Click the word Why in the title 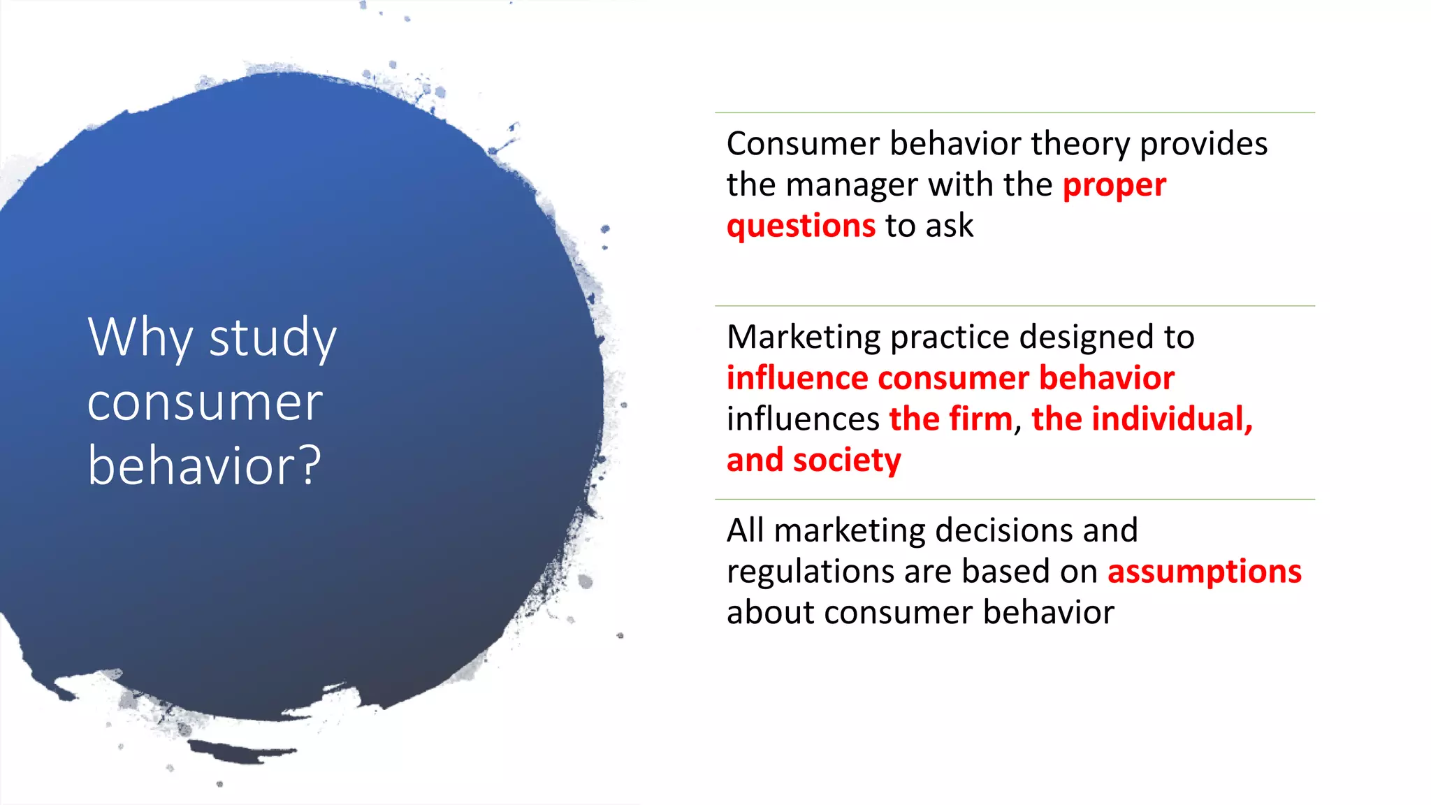(x=139, y=338)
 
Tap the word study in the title (x=273, y=338)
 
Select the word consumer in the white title (x=205, y=403)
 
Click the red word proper (x=1114, y=185)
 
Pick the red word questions (x=801, y=226)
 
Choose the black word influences (x=803, y=419)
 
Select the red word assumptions (x=1204, y=572)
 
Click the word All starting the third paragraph (x=745, y=530)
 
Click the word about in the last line (x=770, y=613)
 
